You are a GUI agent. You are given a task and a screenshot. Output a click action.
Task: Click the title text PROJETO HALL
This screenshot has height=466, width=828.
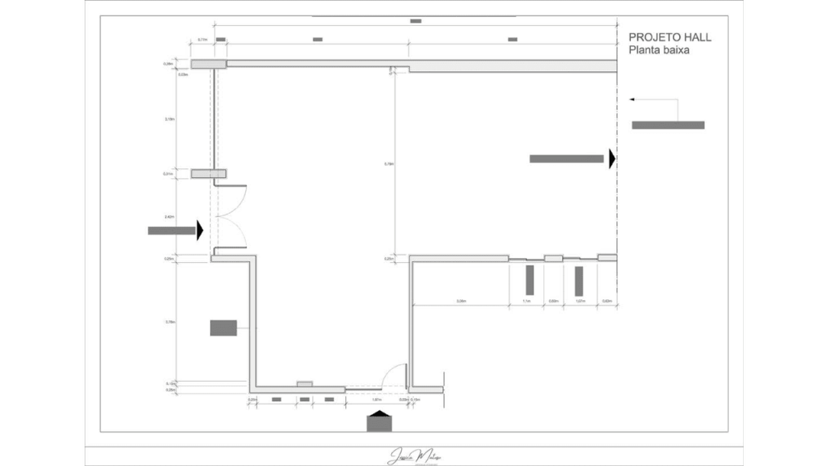(x=670, y=37)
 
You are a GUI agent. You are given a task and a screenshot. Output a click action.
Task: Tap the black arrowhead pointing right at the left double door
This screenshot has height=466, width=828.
(x=200, y=231)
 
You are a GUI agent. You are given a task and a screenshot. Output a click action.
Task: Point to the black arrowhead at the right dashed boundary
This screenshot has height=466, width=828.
(x=612, y=159)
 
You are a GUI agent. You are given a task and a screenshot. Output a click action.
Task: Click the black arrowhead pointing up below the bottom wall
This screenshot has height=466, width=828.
(x=378, y=415)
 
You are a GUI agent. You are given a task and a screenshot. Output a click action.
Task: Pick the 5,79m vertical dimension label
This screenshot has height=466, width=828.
(x=389, y=164)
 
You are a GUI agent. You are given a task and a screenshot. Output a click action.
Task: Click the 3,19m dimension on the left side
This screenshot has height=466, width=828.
(x=170, y=120)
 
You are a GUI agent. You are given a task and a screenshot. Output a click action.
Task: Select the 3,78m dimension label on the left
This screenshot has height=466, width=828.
(x=170, y=322)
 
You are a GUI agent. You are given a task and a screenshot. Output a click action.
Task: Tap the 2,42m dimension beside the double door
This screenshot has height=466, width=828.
(x=170, y=217)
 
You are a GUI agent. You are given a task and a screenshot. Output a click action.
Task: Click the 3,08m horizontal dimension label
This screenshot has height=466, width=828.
(x=461, y=302)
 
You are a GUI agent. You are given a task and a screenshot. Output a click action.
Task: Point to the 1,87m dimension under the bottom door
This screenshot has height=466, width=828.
(x=376, y=400)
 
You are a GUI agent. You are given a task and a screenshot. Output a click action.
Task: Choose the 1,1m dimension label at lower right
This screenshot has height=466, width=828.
(x=526, y=302)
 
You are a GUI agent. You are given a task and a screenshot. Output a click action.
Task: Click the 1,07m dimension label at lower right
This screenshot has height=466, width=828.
(x=580, y=302)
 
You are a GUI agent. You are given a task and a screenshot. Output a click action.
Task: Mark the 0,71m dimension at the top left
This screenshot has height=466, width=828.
(x=203, y=39)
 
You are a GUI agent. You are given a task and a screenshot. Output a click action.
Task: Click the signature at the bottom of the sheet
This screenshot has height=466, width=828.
(x=413, y=455)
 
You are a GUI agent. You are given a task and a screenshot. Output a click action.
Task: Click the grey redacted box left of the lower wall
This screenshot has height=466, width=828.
(x=223, y=328)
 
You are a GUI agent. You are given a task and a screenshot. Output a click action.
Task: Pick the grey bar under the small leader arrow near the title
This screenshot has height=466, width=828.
(x=668, y=125)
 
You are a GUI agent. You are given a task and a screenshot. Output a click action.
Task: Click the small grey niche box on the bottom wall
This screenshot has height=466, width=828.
(x=305, y=383)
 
